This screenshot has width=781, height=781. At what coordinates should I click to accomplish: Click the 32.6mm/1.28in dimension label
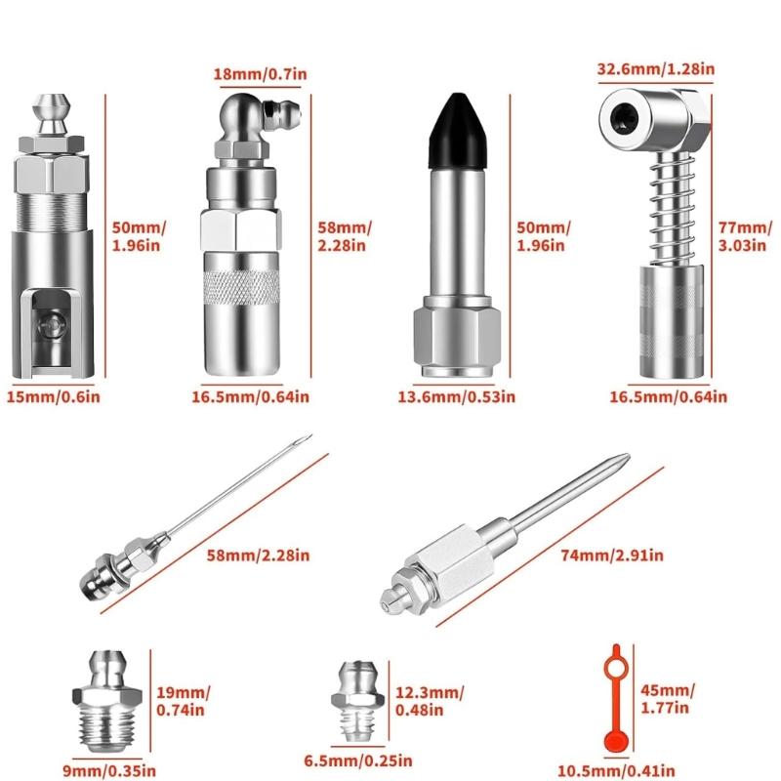click(x=655, y=68)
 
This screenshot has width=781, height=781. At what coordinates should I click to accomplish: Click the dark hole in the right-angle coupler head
click(x=621, y=115)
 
